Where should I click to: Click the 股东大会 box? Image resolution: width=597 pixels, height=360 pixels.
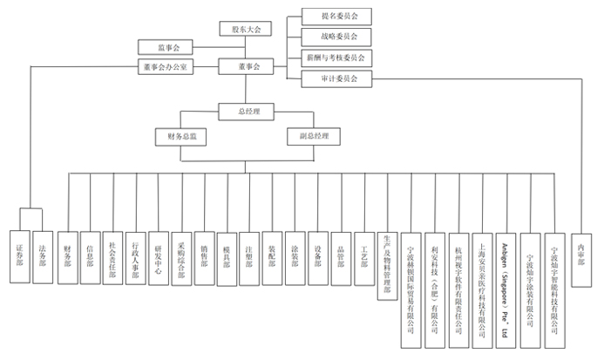tap(246, 29)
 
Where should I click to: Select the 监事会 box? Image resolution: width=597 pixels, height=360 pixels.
tap(169, 47)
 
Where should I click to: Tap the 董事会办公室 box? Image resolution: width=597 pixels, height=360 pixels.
tap(169, 66)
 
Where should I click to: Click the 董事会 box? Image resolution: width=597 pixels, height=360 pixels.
tap(246, 66)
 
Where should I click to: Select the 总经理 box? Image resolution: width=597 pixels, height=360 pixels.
tap(246, 112)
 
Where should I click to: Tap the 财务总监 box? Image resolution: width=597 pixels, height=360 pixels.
tap(181, 137)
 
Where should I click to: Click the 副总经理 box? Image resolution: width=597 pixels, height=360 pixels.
tap(314, 137)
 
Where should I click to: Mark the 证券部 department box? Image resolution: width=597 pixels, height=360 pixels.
tap(19, 254)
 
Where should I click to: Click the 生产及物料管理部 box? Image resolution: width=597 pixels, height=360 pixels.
tap(387, 265)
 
